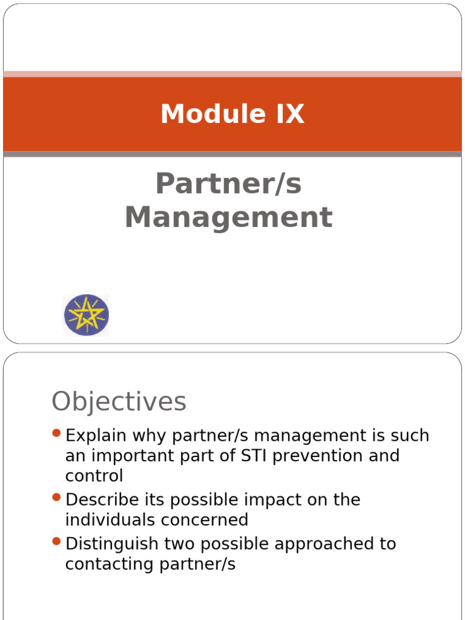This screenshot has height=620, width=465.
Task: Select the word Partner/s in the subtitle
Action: pyautogui.click(x=228, y=184)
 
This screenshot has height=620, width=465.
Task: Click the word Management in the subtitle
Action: pyautogui.click(x=228, y=218)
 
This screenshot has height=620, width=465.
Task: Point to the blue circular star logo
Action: pyautogui.click(x=86, y=315)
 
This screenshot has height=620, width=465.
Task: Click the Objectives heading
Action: pyautogui.click(x=119, y=401)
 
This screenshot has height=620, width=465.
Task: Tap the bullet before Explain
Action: pyautogui.click(x=57, y=433)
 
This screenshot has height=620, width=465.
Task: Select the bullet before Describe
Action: pyautogui.click(x=57, y=497)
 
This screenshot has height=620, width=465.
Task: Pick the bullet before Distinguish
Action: pyautogui.click(x=57, y=541)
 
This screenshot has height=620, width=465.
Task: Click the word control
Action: pyautogui.click(x=94, y=475)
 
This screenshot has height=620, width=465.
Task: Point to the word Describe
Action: pyautogui.click(x=99, y=500)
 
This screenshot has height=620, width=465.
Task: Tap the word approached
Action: pyautogui.click(x=325, y=544)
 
